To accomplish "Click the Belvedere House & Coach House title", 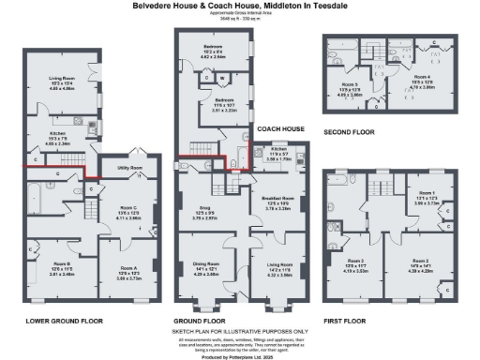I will click(240, 5).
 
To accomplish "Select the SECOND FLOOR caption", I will click(350, 132).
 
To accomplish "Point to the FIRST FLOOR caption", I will click(346, 319).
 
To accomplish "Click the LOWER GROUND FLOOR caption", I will click(64, 320).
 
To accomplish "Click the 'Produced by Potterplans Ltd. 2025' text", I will click(240, 353).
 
